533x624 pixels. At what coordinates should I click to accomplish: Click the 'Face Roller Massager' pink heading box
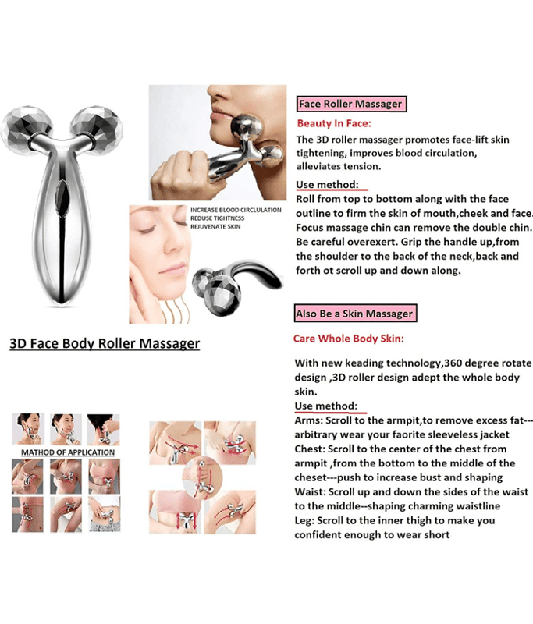click(x=351, y=104)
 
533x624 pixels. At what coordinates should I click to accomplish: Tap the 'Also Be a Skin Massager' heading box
click(x=356, y=314)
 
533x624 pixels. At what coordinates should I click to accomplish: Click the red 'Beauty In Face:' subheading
click(x=334, y=123)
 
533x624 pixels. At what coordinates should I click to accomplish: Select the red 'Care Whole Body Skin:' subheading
click(x=349, y=339)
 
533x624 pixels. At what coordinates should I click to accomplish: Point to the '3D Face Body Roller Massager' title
click(x=105, y=343)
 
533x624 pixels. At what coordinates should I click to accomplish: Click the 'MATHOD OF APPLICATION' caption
click(x=68, y=452)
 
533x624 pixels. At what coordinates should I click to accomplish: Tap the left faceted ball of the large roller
click(x=26, y=127)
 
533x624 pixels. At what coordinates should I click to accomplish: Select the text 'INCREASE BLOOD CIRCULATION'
click(x=236, y=210)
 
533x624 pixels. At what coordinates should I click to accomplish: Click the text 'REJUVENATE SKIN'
click(x=215, y=226)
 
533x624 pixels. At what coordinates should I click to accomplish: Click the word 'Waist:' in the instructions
click(x=310, y=492)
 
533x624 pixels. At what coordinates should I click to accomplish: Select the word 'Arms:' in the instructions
click(x=309, y=420)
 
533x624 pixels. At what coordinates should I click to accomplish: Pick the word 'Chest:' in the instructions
click(x=310, y=449)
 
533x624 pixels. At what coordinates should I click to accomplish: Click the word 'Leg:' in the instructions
click(x=304, y=520)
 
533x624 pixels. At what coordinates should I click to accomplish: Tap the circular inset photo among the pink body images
click(x=202, y=477)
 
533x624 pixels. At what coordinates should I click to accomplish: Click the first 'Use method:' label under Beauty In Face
click(x=327, y=185)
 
